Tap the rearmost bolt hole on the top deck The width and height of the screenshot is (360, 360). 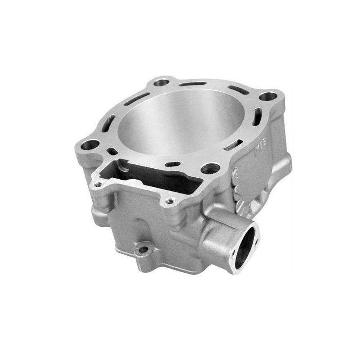(161, 83)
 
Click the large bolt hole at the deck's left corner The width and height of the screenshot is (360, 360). (90, 145)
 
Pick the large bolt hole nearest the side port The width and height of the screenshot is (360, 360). (210, 169)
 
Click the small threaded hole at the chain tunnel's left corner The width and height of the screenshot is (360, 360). (98, 184)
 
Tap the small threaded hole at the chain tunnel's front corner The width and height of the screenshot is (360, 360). (170, 201)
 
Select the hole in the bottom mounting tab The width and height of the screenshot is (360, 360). (143, 249)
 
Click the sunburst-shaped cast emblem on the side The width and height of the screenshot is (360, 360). (243, 189)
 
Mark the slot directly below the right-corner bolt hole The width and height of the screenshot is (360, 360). (257, 116)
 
